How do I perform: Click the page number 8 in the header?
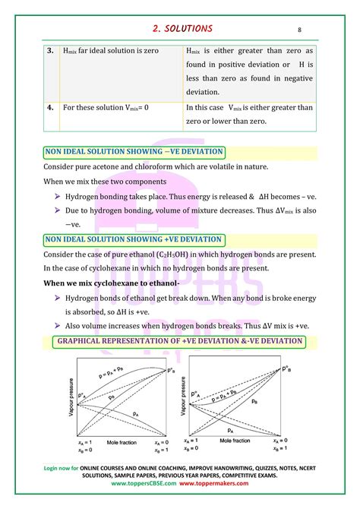pyautogui.click(x=299, y=30)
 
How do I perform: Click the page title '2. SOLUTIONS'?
pyautogui.click(x=180, y=28)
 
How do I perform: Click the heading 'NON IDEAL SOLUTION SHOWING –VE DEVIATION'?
pyautogui.click(x=134, y=152)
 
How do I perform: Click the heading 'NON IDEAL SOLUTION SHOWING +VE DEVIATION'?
pyautogui.click(x=134, y=239)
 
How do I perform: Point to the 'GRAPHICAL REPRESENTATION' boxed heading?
pyautogui.click(x=181, y=341)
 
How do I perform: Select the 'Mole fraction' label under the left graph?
pyautogui.click(x=103, y=440)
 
